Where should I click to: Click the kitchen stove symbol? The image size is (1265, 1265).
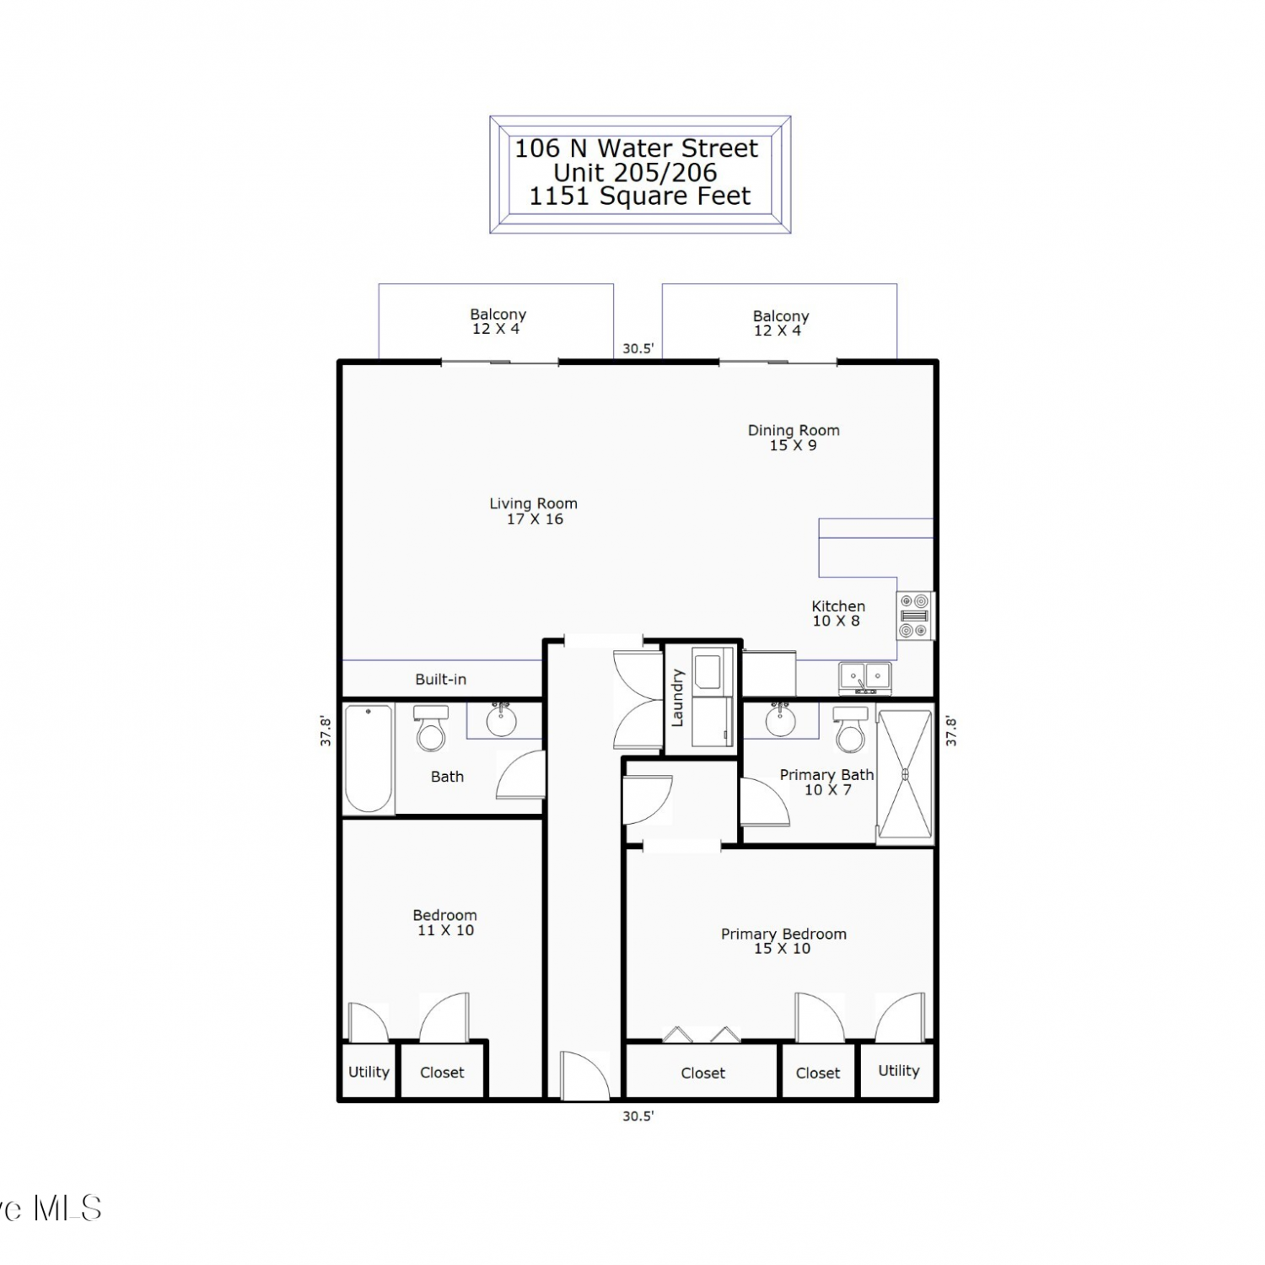[x=915, y=616]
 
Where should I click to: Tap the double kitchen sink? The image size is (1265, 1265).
[x=865, y=678]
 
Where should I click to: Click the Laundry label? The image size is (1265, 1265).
[x=677, y=697]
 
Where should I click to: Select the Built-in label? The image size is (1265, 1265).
[x=440, y=679]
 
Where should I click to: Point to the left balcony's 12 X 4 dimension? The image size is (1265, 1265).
[x=496, y=329]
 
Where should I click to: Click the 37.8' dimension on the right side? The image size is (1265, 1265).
[x=951, y=731]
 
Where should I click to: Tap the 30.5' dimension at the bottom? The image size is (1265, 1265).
[x=638, y=1116]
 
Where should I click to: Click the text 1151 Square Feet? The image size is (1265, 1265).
[x=639, y=196]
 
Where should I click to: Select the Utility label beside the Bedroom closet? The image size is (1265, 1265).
[x=369, y=1072]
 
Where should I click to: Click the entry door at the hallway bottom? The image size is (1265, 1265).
[x=584, y=1075]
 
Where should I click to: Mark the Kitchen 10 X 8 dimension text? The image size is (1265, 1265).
[x=836, y=621]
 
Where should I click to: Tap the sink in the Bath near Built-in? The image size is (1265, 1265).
[x=502, y=719]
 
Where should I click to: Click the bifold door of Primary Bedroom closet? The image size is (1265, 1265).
[x=702, y=1034]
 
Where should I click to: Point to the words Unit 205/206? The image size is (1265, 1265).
[x=635, y=173]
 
